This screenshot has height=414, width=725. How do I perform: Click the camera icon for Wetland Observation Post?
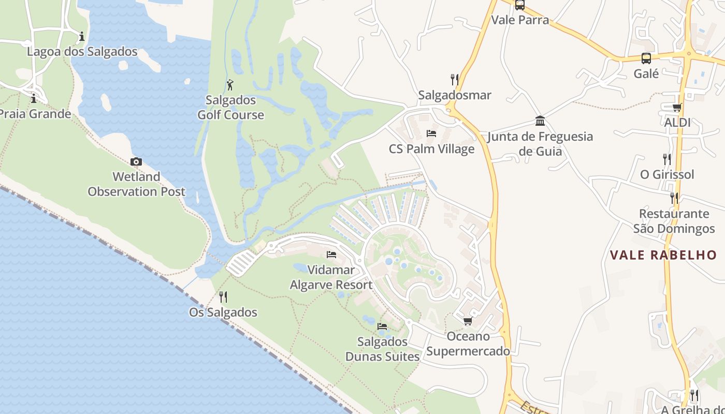coord(136,162)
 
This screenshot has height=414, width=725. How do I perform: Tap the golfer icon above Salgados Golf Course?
coord(230,85)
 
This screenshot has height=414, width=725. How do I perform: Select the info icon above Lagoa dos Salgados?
coord(81,37)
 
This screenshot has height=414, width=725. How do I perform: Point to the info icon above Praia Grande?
coord(34,98)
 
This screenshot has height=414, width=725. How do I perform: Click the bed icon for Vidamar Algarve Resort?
coord(331,254)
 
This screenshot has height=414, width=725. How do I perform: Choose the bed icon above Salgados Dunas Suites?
coord(382,326)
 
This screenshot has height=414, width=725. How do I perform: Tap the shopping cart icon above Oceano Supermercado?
coord(468,321)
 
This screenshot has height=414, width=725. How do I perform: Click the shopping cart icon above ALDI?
coord(677,107)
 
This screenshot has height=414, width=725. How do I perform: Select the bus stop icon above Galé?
coord(646,58)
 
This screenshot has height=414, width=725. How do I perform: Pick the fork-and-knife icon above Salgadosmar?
coord(454,79)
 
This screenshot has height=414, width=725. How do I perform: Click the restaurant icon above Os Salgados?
coord(223,297)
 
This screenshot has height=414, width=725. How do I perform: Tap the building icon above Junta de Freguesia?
coord(540,121)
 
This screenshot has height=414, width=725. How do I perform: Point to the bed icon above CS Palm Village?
coord(431,133)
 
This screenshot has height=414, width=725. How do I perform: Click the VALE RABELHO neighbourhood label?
coord(663,255)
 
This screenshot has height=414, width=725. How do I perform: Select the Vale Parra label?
coord(520,20)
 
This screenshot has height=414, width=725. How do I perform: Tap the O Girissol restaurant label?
coord(667,174)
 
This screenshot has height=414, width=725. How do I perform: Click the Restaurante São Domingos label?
coord(674,221)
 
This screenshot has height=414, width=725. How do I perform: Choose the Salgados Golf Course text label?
coord(230,107)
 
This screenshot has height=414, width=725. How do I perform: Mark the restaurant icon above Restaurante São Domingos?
coord(674,198)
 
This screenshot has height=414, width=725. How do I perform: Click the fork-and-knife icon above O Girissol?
coord(667,159)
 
